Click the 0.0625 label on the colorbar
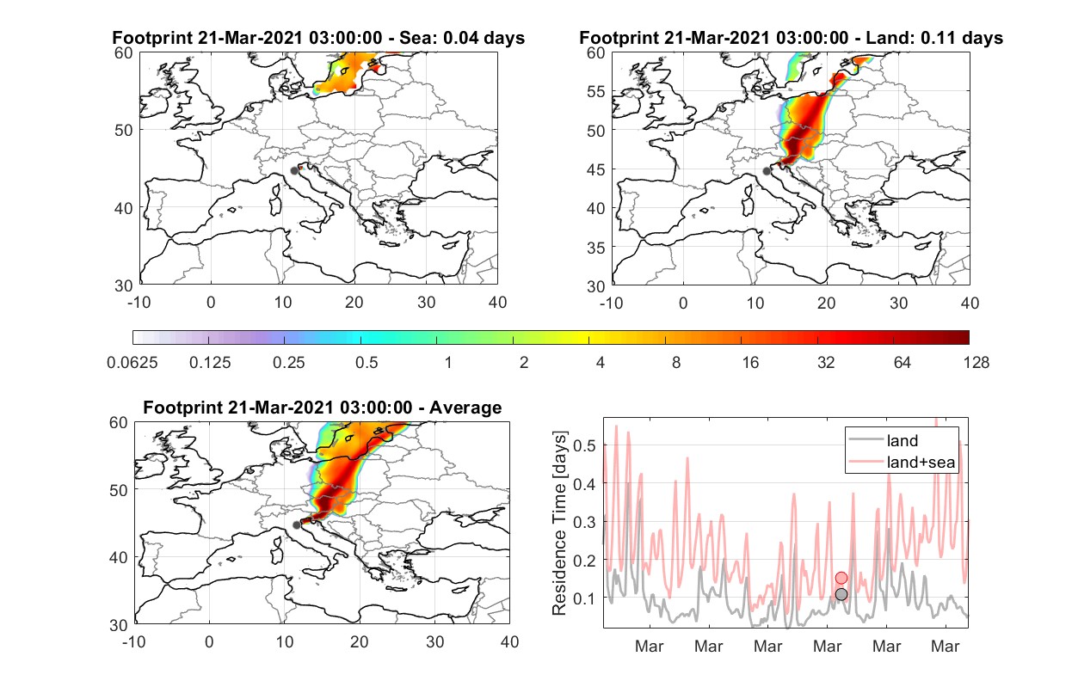click(132, 363)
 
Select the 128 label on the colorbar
click(976, 363)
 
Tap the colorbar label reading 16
click(750, 363)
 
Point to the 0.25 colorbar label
click(288, 363)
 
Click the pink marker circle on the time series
click(841, 578)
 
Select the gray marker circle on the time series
click(841, 594)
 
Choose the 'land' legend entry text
click(903, 440)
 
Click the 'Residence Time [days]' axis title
click(559, 523)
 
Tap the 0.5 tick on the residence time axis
click(584, 445)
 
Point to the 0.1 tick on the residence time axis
click(584, 598)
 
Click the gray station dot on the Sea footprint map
click(294, 171)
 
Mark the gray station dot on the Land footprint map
click(767, 171)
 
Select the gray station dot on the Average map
click(297, 525)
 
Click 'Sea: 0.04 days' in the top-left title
click(462, 38)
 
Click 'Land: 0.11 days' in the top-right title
click(934, 38)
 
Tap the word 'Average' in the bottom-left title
click(465, 408)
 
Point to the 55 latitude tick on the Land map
click(596, 91)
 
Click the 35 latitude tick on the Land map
click(596, 248)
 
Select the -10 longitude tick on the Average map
click(134, 641)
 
